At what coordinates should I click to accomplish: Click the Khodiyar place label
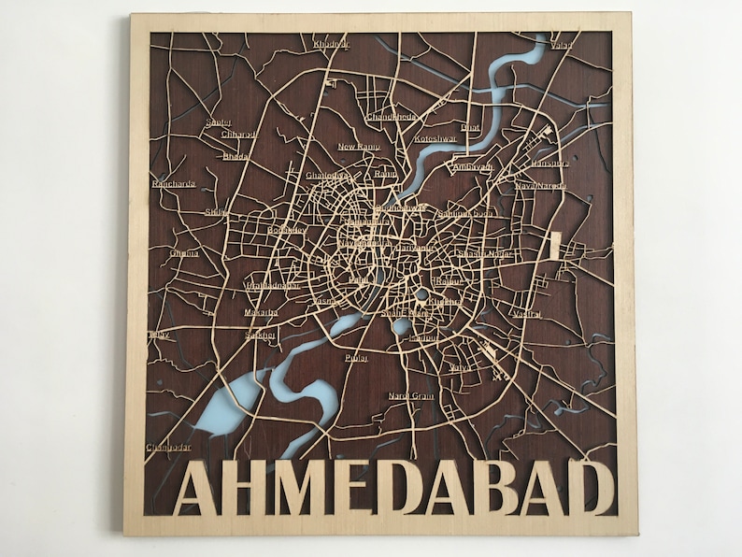(330, 45)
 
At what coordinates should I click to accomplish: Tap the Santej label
(219, 121)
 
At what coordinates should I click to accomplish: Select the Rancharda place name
(174, 184)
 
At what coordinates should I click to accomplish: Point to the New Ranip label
(359, 147)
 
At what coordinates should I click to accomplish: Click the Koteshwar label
(435, 138)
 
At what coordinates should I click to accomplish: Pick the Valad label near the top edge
(563, 44)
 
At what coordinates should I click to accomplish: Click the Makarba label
(261, 312)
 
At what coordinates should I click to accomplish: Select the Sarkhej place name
(259, 335)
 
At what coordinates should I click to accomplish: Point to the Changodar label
(168, 447)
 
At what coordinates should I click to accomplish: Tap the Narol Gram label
(411, 395)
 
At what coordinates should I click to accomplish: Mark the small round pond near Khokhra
(422, 294)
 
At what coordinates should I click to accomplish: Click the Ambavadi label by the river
(473, 167)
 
